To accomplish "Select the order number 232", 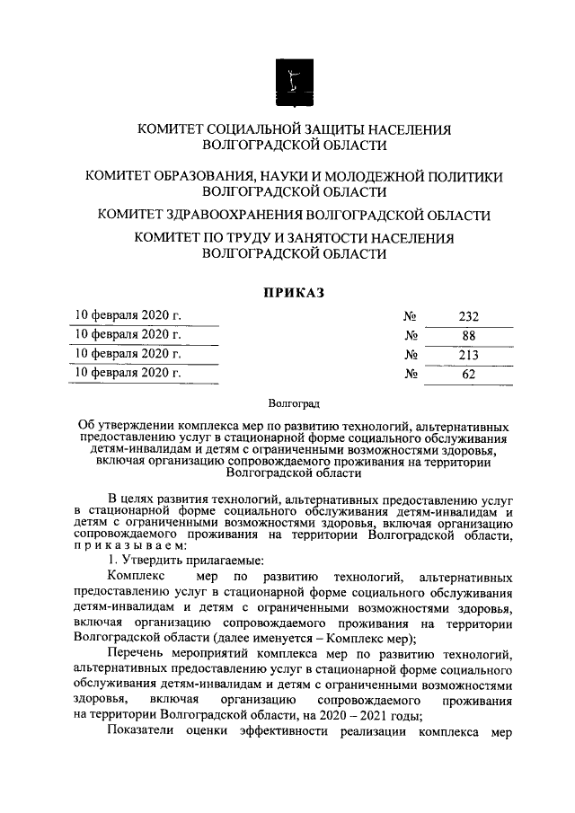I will [468, 316].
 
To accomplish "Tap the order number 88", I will [468, 335].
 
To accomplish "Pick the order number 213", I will [468, 354].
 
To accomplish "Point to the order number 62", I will [468, 373].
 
